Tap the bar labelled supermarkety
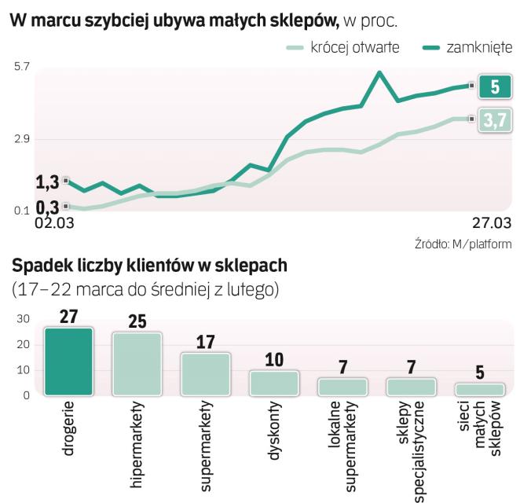(x=205, y=374)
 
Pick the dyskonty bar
(x=273, y=383)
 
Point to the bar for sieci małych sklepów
(x=479, y=389)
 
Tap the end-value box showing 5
(x=494, y=86)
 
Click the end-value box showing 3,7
(x=494, y=119)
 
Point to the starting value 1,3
(x=47, y=182)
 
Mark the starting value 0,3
(x=47, y=207)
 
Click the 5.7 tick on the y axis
(x=21, y=68)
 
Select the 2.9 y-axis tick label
(x=21, y=139)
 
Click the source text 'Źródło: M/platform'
(x=463, y=244)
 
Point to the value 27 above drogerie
(x=68, y=316)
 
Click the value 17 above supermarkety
(x=205, y=342)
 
